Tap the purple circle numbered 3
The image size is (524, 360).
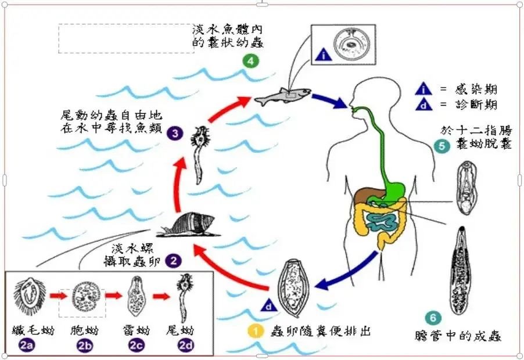(x=174, y=132)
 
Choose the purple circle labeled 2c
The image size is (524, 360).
(x=136, y=347)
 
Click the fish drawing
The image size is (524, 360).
(x=282, y=95)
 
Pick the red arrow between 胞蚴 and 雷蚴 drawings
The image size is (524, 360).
(x=115, y=296)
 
